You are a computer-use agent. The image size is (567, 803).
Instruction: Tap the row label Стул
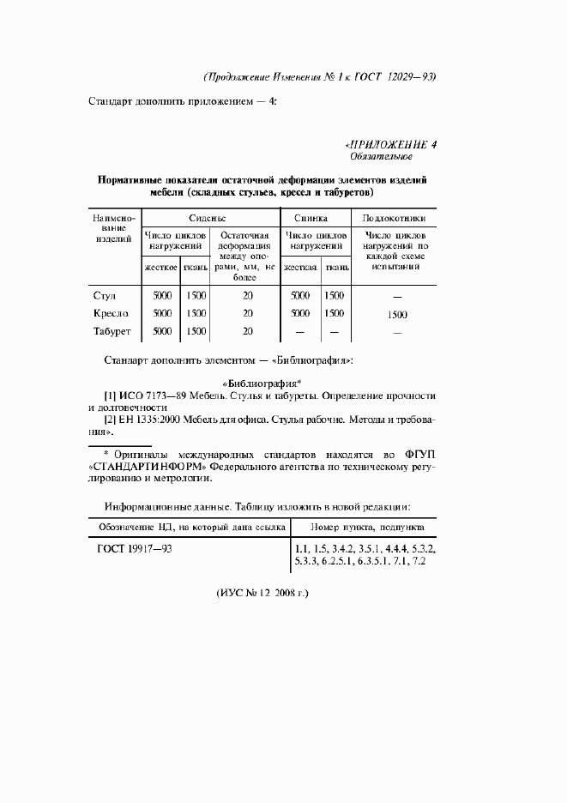coord(104,296)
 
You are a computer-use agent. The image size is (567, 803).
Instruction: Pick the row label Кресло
coord(111,313)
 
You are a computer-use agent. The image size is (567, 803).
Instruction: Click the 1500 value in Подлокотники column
coord(396,315)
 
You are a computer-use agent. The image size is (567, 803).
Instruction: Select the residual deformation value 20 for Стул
coord(247,296)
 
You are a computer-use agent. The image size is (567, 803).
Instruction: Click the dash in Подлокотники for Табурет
coord(396,332)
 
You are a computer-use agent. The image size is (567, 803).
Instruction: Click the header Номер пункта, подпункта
coord(365,526)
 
